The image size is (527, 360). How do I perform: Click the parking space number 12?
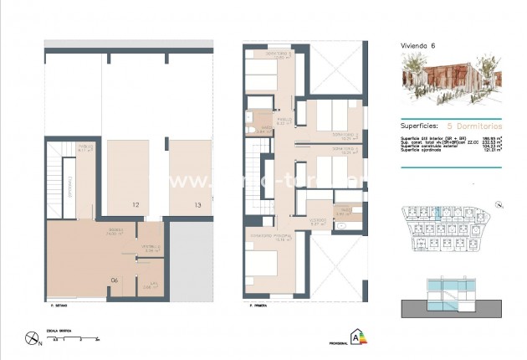135,203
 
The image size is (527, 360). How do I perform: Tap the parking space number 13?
197,203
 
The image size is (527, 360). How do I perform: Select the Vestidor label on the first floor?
318,222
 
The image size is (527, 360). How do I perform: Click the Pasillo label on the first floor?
284,120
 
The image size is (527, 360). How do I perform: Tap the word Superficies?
422,122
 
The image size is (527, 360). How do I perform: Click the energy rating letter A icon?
360,339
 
